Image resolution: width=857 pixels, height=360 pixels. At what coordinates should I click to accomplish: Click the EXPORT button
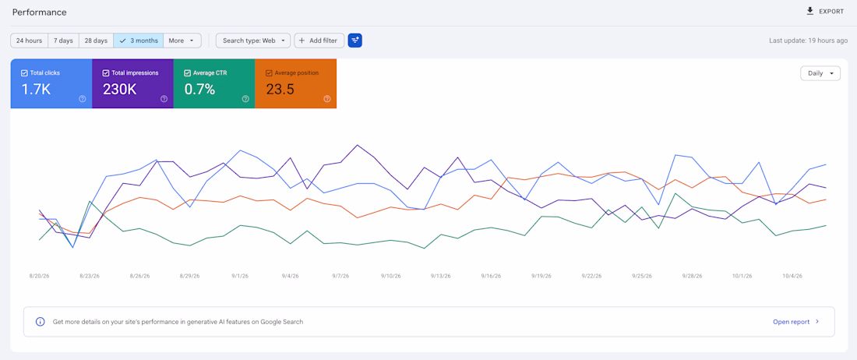(x=825, y=12)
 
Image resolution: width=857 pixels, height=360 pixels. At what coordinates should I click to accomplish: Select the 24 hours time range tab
(x=30, y=41)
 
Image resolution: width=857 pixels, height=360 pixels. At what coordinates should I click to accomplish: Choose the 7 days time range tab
(x=63, y=41)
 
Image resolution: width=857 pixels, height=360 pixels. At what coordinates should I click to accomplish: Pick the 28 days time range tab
(x=96, y=41)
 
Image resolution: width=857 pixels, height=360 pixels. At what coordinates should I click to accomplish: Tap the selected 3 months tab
(x=138, y=41)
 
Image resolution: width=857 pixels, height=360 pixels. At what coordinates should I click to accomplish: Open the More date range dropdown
(x=182, y=41)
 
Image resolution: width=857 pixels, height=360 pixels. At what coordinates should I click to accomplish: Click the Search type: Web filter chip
(x=253, y=41)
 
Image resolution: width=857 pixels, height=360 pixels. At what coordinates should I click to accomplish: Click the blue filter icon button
(x=355, y=41)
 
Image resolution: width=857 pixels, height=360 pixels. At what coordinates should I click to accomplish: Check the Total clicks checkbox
(x=24, y=72)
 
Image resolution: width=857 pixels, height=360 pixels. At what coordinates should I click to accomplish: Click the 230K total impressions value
(x=119, y=89)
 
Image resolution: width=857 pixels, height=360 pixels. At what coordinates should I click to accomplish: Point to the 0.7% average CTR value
(x=199, y=89)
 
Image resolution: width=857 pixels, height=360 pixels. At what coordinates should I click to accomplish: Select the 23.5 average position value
(x=280, y=89)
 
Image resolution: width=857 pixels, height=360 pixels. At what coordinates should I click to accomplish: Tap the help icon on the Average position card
(x=327, y=99)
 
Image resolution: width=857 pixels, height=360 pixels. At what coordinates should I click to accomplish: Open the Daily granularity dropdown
(x=820, y=73)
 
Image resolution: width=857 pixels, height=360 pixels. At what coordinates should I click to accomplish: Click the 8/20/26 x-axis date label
(x=39, y=276)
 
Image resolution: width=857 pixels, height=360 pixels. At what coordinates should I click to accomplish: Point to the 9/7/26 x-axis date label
(x=340, y=276)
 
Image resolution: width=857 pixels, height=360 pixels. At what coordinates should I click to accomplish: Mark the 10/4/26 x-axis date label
(x=792, y=276)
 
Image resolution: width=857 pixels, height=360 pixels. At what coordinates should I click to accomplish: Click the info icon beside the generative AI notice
(x=40, y=322)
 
